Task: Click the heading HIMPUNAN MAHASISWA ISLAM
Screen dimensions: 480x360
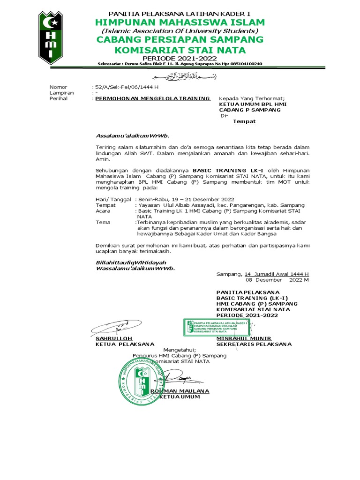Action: click(180, 23)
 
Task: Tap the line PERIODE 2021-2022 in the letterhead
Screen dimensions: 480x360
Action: click(180, 58)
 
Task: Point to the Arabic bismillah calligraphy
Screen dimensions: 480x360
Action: click(180, 76)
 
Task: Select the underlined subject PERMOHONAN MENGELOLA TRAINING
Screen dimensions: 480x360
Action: click(152, 98)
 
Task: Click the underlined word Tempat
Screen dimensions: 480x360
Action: click(245, 121)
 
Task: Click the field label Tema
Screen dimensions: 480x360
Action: click(103, 222)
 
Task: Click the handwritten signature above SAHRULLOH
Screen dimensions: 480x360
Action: click(110, 327)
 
